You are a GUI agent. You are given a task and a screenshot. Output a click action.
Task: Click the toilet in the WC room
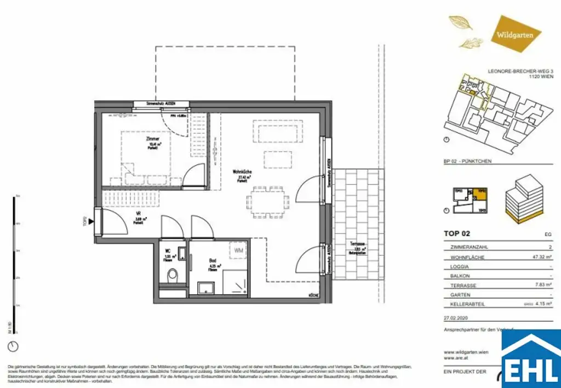coord(173,275)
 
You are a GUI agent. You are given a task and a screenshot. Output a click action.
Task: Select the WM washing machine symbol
coord(238,250)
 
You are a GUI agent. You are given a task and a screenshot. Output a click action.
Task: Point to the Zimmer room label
coord(153,140)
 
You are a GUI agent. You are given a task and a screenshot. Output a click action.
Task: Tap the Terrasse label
coord(358,244)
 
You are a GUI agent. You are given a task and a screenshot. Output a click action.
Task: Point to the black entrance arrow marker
coord(90,222)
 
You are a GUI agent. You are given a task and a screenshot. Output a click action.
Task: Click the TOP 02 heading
coord(456,233)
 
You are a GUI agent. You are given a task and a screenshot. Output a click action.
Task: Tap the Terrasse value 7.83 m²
coord(542,286)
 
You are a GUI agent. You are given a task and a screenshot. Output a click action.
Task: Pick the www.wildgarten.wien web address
coord(466,352)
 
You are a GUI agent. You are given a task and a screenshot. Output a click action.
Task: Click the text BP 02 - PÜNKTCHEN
coord(467,162)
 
